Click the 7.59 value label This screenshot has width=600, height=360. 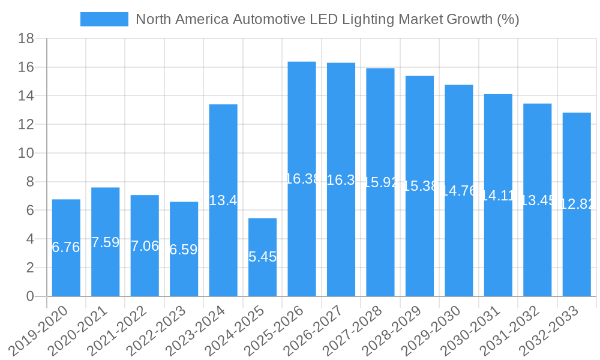105,242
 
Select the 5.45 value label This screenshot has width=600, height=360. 263,257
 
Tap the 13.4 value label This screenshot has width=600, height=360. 223,200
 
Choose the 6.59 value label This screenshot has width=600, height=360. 184,250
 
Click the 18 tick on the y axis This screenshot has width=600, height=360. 26,39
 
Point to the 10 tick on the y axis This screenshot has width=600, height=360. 26,154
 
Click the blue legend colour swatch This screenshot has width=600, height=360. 104,19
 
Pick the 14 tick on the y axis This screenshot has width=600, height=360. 26,96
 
